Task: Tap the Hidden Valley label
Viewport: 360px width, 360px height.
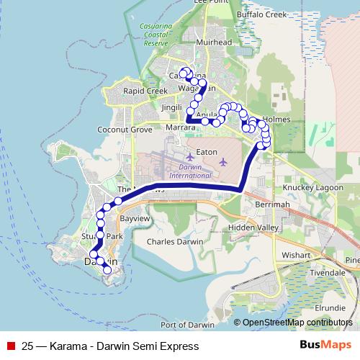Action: (252, 227)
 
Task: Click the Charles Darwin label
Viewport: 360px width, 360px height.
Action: (172, 243)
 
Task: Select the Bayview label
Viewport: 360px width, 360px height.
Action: (133, 217)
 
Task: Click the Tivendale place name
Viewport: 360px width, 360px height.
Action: (328, 274)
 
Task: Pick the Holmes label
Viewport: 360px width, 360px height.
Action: (277, 118)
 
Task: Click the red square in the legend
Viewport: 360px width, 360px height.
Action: (10, 346)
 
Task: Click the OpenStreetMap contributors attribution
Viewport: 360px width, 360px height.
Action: (297, 323)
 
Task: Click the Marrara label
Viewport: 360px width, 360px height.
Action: (181, 127)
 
